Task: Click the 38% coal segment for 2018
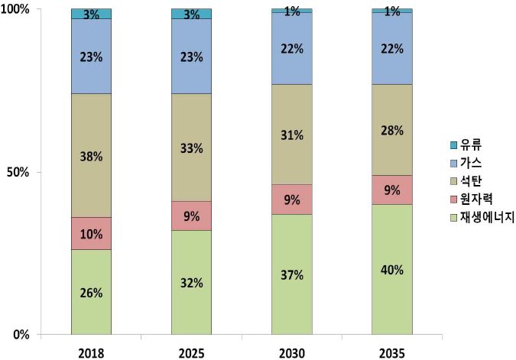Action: coord(91,156)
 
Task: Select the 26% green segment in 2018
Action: coord(91,292)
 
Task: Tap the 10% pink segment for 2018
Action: coord(91,233)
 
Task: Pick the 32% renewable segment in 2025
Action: coord(191,282)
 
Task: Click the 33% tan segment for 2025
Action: coord(191,148)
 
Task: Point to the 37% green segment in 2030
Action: coord(291,274)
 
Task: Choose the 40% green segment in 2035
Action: coord(391,269)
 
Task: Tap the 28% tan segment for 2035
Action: coord(391,130)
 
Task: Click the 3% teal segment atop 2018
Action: coord(91,14)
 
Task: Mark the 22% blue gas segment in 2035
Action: coord(391,48)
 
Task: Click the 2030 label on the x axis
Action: coord(291,352)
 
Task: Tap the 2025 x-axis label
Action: coord(191,352)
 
